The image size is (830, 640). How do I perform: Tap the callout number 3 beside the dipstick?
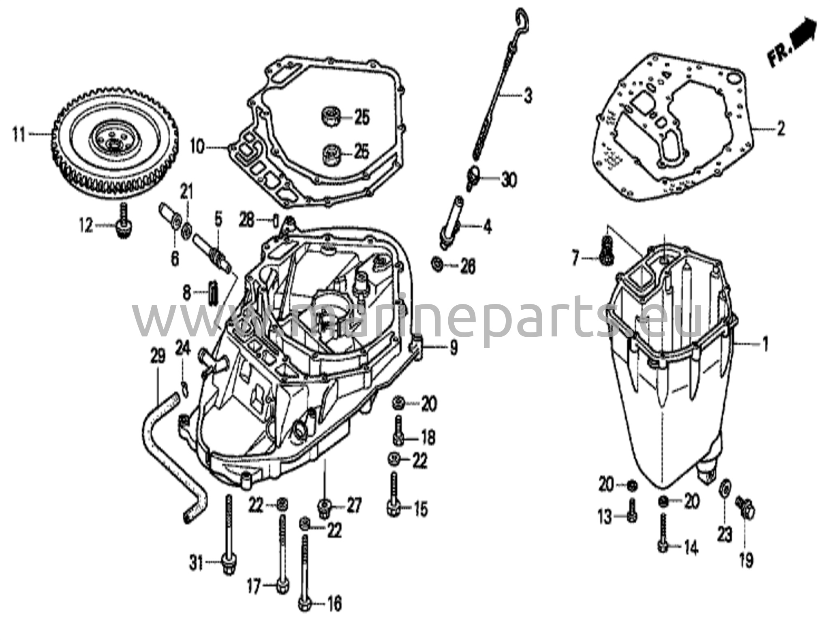click(x=527, y=96)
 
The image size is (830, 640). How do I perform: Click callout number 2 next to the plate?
click(x=780, y=129)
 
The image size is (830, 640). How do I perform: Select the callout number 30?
click(x=508, y=179)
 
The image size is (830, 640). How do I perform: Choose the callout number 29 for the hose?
click(x=158, y=356)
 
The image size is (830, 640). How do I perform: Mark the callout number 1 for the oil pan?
click(x=765, y=345)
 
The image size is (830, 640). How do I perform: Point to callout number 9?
click(x=453, y=347)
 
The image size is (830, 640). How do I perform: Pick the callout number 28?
click(x=246, y=221)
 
